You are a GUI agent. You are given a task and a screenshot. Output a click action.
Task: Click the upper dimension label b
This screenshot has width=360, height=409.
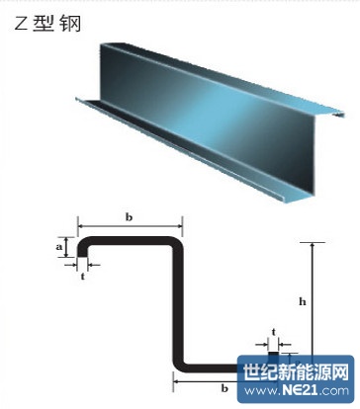(131, 214)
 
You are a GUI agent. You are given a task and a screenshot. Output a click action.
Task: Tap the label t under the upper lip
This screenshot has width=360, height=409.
(82, 278)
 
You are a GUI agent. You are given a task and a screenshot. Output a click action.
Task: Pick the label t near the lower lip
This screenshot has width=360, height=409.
(274, 334)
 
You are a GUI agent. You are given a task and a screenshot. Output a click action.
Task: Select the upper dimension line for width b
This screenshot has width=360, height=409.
(131, 225)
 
